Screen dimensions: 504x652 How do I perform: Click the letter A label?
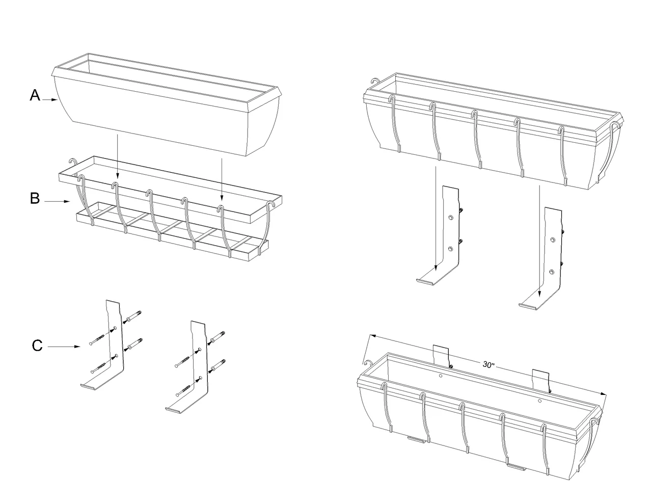pos(35,95)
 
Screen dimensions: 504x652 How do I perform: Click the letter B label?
pos(35,198)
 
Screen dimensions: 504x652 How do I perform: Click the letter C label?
pos(37,346)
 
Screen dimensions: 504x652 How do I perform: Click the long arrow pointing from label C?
pos(65,347)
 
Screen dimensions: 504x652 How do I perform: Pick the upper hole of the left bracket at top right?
pos(450,218)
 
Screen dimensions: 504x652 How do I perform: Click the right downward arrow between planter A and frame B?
pos(222,178)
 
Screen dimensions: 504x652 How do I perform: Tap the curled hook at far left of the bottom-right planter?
pos(366,363)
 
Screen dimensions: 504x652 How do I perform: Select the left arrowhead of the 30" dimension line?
pos(373,335)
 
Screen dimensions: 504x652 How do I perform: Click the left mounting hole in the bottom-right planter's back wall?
pos(441,376)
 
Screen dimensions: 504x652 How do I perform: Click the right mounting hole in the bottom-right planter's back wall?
pos(540,401)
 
